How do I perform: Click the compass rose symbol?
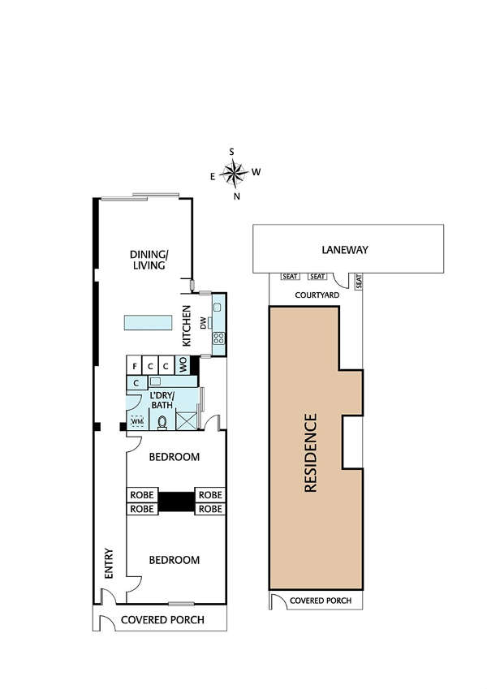234,172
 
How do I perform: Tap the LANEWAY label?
345,250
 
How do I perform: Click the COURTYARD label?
317,295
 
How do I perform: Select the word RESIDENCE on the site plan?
310,453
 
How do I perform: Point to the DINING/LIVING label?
149,260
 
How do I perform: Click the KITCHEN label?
187,325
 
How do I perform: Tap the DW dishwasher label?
203,324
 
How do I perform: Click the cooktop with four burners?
218,338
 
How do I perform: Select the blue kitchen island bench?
148,322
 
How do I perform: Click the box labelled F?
134,365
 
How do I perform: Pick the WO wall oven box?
183,364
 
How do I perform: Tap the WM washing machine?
137,421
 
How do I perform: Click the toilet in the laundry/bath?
162,422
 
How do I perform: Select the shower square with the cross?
187,421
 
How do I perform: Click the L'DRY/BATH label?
162,399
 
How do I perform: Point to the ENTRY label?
109,563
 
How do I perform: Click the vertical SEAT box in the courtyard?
359,282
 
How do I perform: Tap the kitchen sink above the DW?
218,308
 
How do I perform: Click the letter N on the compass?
236,196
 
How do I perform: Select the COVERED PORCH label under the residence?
321,601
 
